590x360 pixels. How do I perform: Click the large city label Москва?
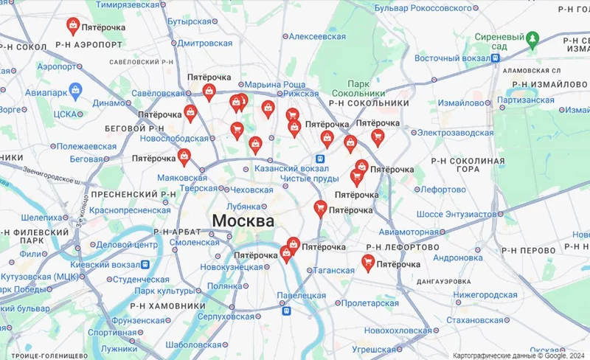[243, 221]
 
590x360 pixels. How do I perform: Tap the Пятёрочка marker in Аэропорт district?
[73, 27]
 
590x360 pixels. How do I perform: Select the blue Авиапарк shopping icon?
[74, 90]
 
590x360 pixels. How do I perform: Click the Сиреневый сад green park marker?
[532, 38]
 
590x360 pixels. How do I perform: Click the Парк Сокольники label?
[358, 89]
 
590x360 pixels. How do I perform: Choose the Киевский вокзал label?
[105, 264]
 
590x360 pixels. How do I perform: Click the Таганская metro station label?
[334, 271]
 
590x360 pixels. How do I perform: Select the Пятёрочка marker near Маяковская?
[184, 157]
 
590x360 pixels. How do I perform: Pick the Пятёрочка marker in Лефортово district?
[368, 263]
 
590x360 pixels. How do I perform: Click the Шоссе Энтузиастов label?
[457, 214]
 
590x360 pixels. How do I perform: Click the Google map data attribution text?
[519, 354]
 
